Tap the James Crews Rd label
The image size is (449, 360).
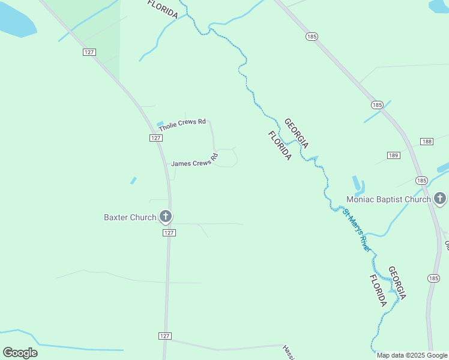pos(193,163)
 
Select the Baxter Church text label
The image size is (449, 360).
pos(130,217)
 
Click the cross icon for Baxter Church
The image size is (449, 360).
pos(166,217)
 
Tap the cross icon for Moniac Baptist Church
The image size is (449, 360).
pos(440,199)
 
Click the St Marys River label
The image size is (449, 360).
pos(356,229)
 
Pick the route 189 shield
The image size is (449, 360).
pos(394,155)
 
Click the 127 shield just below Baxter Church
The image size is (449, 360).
pos(169,233)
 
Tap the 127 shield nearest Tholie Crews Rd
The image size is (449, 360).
pos(155,138)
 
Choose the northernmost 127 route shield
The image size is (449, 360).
pos(89,52)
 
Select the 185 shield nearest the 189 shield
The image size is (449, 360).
pos(421,180)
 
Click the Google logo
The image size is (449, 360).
pos(20,353)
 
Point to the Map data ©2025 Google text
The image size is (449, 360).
pos(412,355)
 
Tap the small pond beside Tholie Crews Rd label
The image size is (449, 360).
pos(160,124)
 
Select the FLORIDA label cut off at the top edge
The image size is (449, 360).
pos(163,9)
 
